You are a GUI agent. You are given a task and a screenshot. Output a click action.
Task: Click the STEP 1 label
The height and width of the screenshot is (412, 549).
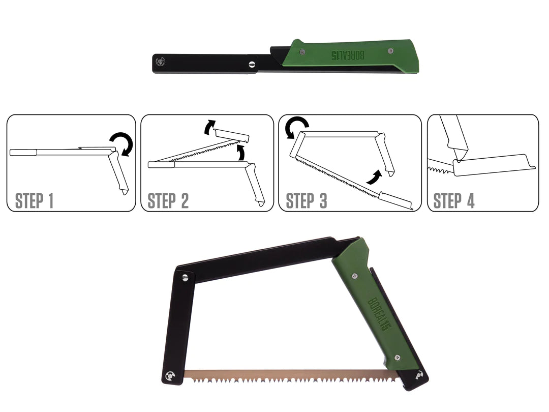coord(34,200)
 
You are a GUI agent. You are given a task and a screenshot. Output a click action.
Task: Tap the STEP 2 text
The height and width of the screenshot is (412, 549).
coord(168,200)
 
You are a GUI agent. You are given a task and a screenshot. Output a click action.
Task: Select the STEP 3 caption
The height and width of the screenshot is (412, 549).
coord(306,200)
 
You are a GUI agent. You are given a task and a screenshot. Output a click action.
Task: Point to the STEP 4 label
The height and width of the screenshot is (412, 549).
coord(453,200)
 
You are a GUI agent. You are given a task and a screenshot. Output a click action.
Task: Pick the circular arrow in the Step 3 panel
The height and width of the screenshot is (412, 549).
coord(297,127)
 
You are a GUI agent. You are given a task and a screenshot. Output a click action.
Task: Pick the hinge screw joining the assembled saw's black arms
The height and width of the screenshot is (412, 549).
coord(185,277)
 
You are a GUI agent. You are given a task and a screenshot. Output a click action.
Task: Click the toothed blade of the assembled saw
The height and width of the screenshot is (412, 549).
coord(285,377)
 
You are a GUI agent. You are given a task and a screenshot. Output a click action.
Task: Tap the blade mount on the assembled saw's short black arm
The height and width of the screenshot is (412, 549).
coord(169,376)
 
